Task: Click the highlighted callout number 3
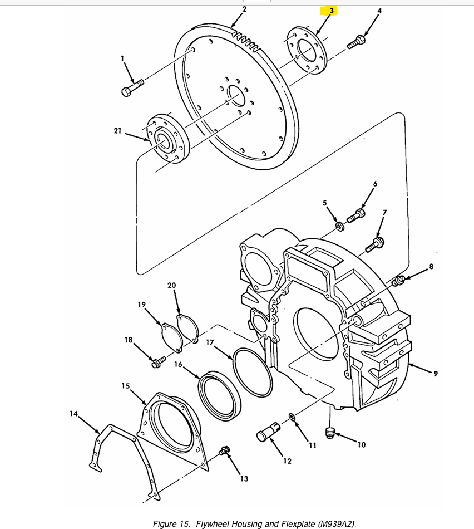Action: (x=332, y=11)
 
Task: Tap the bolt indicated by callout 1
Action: (x=132, y=87)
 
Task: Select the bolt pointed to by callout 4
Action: (x=356, y=42)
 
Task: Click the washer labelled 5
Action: (x=340, y=226)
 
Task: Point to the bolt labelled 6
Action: (x=355, y=216)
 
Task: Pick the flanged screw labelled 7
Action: (x=375, y=244)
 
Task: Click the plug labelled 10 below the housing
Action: (x=329, y=432)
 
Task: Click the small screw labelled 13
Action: (x=225, y=450)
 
